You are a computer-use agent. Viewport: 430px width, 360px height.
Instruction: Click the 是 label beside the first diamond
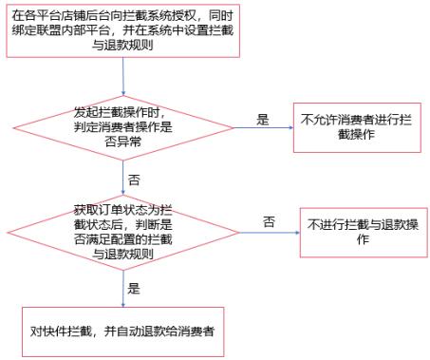pos(263,119)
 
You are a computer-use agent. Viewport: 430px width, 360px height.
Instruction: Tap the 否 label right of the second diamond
pos(270,221)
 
